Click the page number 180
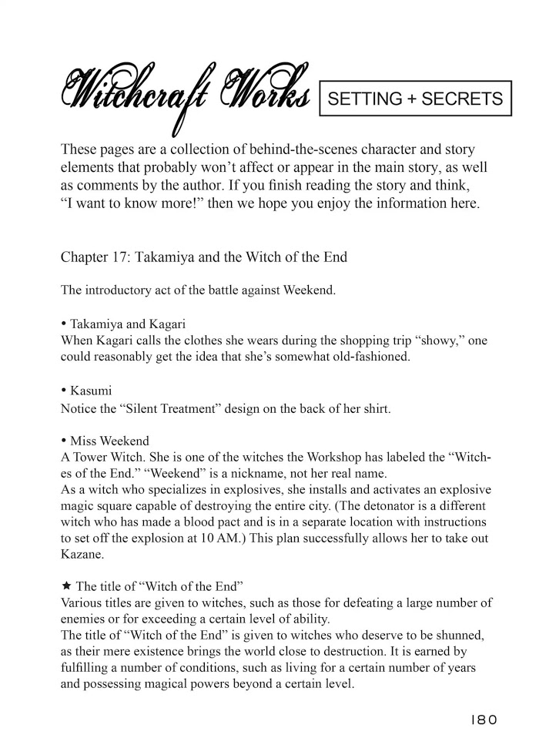pyautogui.click(x=483, y=720)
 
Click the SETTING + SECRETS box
pyautogui.click(x=415, y=99)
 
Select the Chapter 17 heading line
pyautogui.click(x=203, y=257)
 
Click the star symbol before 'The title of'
pyautogui.click(x=65, y=586)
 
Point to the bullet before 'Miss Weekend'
pyautogui.click(x=63, y=441)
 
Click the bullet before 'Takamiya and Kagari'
pyautogui.click(x=63, y=324)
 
